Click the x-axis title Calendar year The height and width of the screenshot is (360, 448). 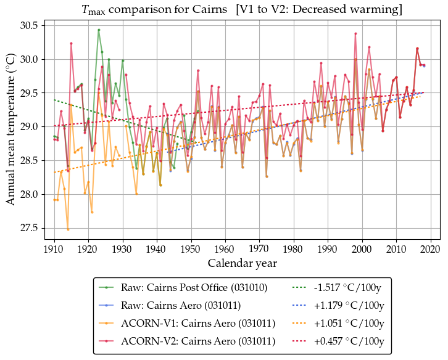pyautogui.click(x=242, y=263)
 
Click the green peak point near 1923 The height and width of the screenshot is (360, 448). pyautogui.click(x=99, y=30)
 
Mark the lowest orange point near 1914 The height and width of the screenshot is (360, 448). pyautogui.click(x=68, y=229)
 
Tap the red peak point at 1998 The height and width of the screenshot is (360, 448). pyautogui.click(x=355, y=33)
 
